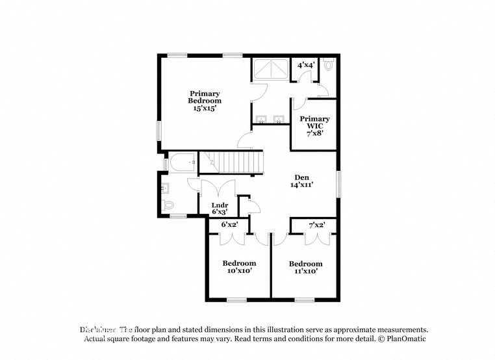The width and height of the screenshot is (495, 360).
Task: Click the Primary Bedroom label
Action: coord(205,101)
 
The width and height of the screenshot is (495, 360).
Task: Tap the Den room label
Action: coord(301,181)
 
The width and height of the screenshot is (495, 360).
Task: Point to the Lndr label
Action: coord(220,209)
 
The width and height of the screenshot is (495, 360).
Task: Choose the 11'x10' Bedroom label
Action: coord(305,267)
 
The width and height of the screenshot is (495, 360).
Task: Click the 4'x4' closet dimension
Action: coord(305,65)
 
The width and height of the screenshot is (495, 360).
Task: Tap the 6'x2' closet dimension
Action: coord(229,224)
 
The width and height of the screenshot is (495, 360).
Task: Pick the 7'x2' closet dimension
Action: coord(316,224)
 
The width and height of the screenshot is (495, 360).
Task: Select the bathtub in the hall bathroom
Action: coord(183,162)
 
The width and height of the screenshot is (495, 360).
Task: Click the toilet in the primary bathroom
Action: coord(328,66)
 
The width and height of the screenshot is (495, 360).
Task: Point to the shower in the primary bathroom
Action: coord(270,69)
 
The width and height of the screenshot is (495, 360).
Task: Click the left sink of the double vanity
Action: coord(261,119)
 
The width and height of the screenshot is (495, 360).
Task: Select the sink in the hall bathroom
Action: coord(165,188)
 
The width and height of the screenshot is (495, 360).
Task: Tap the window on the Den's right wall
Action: coord(338,184)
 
